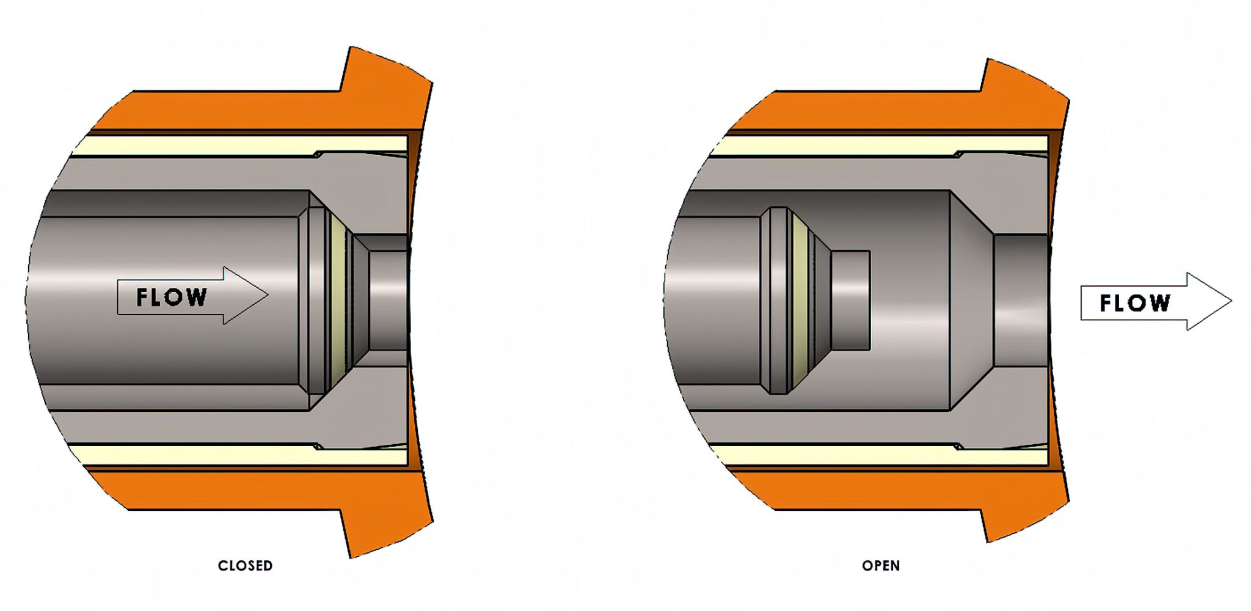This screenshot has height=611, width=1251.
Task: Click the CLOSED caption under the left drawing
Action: click(x=245, y=566)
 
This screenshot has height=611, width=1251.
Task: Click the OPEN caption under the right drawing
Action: click(x=880, y=566)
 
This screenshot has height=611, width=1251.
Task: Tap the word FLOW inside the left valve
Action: click(x=172, y=298)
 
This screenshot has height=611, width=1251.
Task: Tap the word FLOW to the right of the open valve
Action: click(x=1135, y=303)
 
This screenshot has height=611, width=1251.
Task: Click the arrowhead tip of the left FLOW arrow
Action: click(x=266, y=295)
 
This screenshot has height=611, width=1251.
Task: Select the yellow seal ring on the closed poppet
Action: click(x=338, y=299)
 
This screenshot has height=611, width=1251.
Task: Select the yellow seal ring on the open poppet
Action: click(x=800, y=299)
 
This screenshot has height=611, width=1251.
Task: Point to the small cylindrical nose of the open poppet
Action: click(x=850, y=299)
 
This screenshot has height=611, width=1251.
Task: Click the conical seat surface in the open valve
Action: click(x=971, y=299)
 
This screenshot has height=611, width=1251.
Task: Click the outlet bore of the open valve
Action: click(x=1020, y=299)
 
